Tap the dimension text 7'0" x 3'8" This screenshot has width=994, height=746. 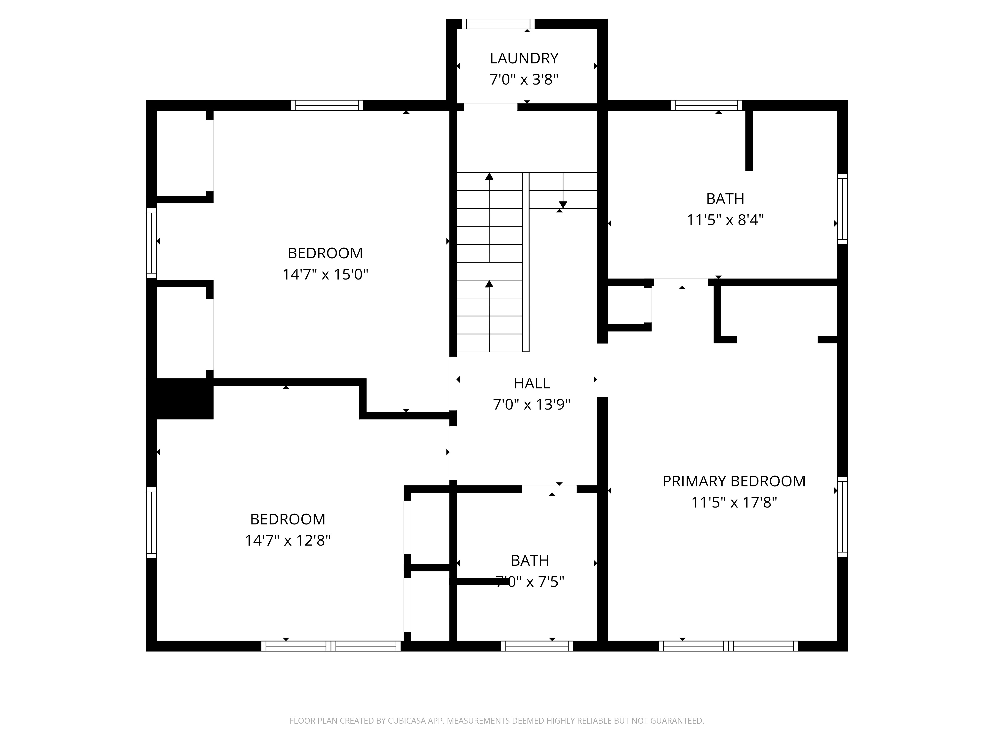524,80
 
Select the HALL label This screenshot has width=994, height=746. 532,383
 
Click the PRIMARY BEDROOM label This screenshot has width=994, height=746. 734,481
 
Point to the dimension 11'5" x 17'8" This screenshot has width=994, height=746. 734,502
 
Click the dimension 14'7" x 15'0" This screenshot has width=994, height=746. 325,274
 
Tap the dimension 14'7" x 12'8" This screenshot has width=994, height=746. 288,540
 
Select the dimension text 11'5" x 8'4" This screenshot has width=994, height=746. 725,220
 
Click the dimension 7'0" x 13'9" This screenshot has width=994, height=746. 532,405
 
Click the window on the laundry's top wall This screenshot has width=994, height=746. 498,24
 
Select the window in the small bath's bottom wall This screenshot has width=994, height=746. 537,646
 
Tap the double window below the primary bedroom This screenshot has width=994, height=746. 728,646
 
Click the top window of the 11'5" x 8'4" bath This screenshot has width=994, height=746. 706,105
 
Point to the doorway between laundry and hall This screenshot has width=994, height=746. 490,107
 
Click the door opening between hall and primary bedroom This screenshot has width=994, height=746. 602,370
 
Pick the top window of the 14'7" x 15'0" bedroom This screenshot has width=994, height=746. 327,105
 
